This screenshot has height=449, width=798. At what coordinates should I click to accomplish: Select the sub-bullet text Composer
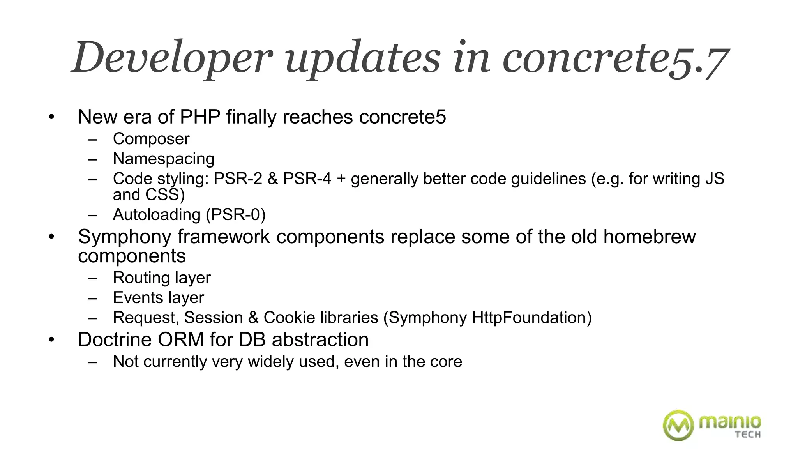pyautogui.click(x=151, y=139)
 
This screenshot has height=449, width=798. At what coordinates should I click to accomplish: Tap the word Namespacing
pyautogui.click(x=163, y=159)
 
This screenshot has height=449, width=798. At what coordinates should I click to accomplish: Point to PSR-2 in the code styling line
pyautogui.click(x=238, y=179)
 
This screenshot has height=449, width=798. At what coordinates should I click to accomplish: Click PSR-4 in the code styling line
pyautogui.click(x=307, y=179)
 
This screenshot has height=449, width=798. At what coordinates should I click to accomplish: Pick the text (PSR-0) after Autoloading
pyautogui.click(x=235, y=215)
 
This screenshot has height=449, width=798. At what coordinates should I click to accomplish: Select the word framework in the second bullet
pyautogui.click(x=224, y=237)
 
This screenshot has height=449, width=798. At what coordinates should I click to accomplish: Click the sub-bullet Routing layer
pyautogui.click(x=161, y=278)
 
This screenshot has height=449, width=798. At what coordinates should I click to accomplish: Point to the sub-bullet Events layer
pyautogui.click(x=158, y=298)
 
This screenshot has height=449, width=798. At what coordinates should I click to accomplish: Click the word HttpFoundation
pyautogui.click(x=531, y=318)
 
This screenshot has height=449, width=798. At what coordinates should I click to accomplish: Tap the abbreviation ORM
pyautogui.click(x=181, y=339)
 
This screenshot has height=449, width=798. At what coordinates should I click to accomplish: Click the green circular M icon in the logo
pyautogui.click(x=678, y=425)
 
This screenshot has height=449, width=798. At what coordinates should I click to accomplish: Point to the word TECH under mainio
pyautogui.click(x=748, y=434)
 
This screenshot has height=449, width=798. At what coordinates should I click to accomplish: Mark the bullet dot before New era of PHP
pyautogui.click(x=51, y=117)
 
